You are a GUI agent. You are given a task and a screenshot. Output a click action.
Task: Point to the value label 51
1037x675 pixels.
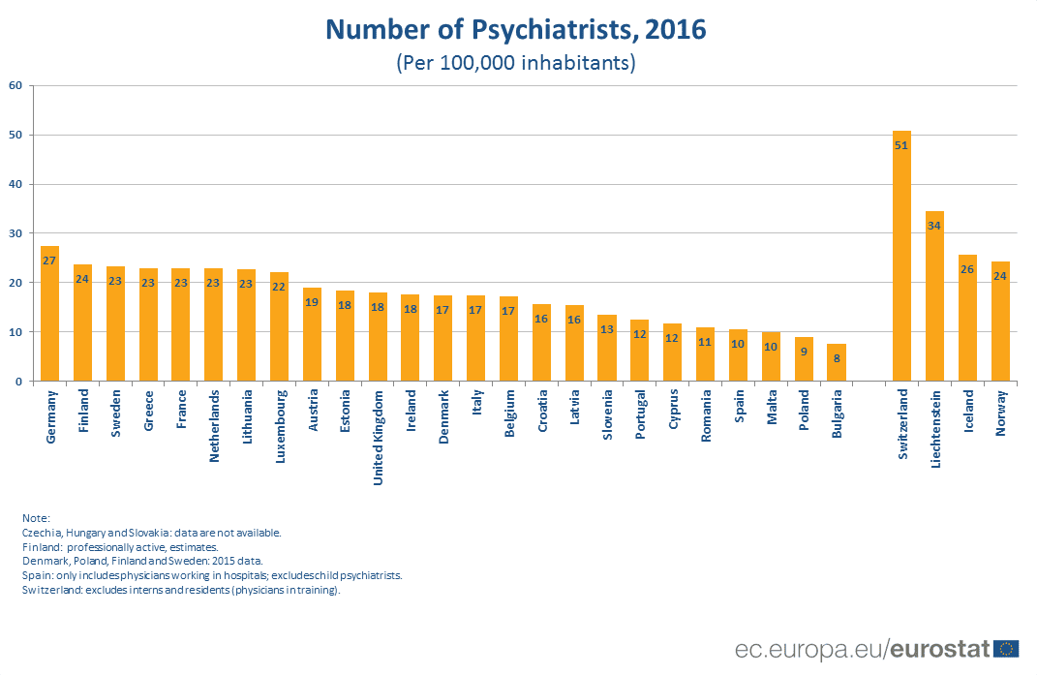[x=901, y=146]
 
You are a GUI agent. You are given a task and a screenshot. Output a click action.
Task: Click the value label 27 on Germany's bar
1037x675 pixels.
[x=49, y=261]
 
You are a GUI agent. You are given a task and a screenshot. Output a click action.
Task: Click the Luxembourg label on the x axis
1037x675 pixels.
[x=281, y=427]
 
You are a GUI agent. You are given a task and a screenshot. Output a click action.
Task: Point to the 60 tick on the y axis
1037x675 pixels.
[x=15, y=85]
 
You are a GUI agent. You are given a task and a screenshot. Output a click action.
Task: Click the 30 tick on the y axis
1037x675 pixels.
[x=15, y=233]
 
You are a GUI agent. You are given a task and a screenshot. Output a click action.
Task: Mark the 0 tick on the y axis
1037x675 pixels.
[x=17, y=382]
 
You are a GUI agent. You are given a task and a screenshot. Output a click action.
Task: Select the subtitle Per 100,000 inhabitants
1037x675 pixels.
[x=515, y=63]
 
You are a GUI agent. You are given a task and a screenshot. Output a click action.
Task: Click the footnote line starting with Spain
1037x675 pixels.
[x=211, y=574]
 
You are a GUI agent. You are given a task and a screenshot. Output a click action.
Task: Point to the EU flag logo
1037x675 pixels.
[x=1007, y=648]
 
